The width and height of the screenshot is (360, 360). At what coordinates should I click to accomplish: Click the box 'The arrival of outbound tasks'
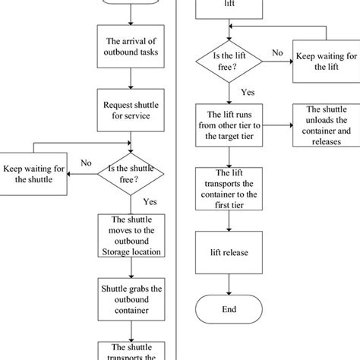tap(132, 46)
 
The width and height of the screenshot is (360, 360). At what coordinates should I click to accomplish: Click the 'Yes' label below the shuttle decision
tap(150, 202)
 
